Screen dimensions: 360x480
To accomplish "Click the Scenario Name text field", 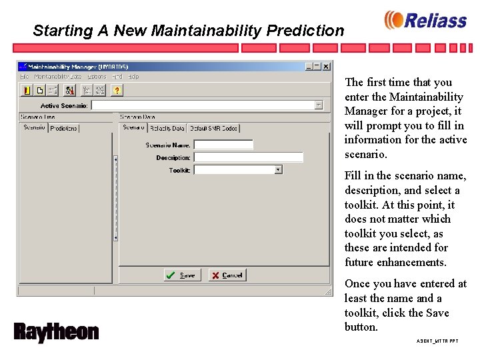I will click(x=223, y=145).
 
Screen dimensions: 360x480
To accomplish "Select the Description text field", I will click(x=248, y=157).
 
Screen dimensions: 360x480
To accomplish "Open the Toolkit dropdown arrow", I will click(x=278, y=170).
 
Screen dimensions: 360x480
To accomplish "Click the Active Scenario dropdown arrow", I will click(x=319, y=105).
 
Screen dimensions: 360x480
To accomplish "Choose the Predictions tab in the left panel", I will click(x=64, y=128).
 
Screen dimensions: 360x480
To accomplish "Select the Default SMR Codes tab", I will click(x=213, y=128).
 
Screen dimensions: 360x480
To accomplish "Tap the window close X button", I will click(x=326, y=67).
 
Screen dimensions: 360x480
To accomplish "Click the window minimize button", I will click(x=309, y=67).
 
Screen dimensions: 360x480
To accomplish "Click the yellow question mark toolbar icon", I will click(x=117, y=90).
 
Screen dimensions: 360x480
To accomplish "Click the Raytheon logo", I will click(x=56, y=332).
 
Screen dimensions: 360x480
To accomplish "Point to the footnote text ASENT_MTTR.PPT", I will click(x=437, y=341).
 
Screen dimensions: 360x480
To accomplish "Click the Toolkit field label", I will click(x=179, y=171).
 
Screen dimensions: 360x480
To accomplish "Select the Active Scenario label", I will click(x=64, y=105).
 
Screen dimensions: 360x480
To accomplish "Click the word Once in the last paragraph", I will click(x=359, y=284).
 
